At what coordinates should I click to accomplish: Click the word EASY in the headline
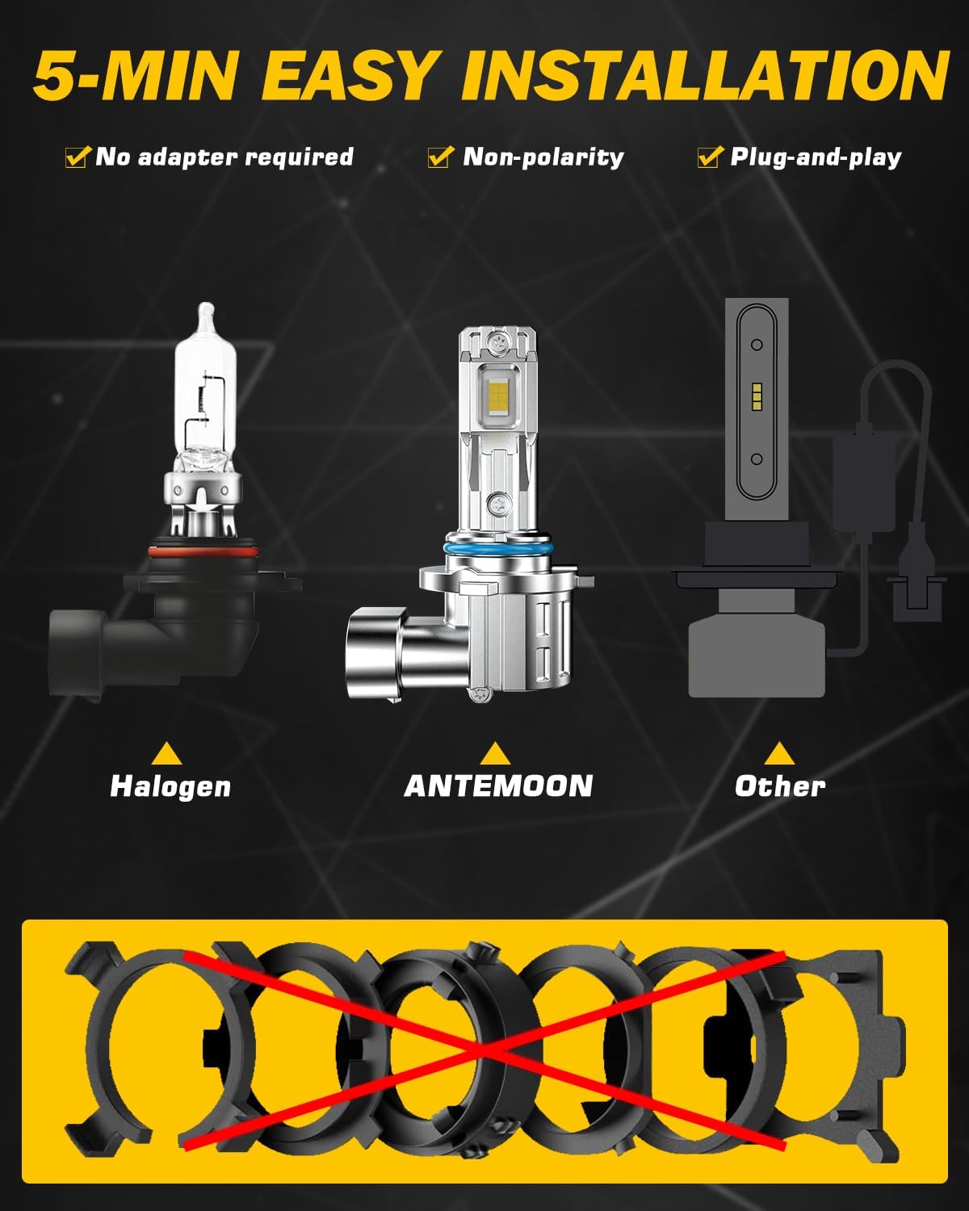point(348,75)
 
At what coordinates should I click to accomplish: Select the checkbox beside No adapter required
point(78,157)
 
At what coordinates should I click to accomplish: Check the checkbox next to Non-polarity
point(440,157)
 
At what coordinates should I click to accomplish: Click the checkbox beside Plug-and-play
point(710,157)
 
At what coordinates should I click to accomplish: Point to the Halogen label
point(170,786)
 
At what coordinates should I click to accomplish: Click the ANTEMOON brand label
point(498,786)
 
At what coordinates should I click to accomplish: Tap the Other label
point(780,786)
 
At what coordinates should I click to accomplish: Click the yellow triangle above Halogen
point(166,754)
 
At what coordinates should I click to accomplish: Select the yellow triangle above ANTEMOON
point(496,754)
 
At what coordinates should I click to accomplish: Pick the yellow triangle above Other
point(780,754)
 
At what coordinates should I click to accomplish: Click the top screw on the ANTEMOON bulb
point(497,340)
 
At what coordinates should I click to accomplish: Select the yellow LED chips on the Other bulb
point(757,396)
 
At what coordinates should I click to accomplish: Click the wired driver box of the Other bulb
point(863,484)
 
